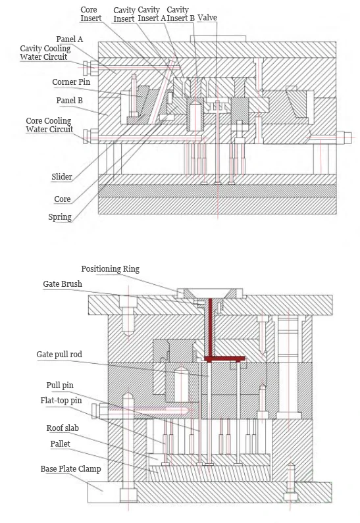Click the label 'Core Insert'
click(91, 14)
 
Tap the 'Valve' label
click(207, 18)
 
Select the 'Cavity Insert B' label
click(180, 14)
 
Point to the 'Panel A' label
click(69, 39)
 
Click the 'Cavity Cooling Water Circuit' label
click(45, 53)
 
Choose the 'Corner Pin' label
click(71, 82)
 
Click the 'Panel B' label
click(69, 101)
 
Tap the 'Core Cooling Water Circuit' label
click(49, 125)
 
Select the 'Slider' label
click(62, 177)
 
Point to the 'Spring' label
click(60, 217)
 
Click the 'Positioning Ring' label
click(110, 269)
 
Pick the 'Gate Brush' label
click(63, 284)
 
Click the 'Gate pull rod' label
click(59, 355)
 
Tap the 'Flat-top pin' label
click(61, 400)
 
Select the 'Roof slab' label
click(63, 428)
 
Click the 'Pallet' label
click(60, 443)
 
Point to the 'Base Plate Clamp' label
click(70, 469)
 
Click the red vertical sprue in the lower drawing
click(210, 327)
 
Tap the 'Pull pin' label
click(60, 386)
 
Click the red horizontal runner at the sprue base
click(224, 359)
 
